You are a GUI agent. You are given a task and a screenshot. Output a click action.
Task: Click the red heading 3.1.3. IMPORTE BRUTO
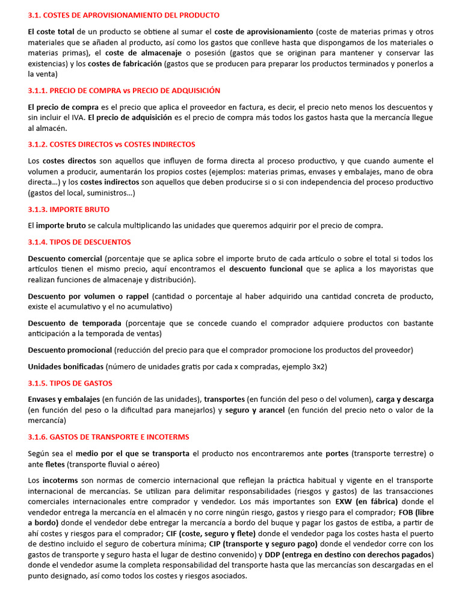69,210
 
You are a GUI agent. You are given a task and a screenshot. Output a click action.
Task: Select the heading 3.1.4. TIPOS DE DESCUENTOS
79,242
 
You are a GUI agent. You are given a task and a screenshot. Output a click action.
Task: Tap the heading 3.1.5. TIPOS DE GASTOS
70,383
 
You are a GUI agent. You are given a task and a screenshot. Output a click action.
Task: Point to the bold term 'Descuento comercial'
65,258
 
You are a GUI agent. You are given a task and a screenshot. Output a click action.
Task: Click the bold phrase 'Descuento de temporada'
75,323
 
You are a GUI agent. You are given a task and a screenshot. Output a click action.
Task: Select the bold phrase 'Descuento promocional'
70,350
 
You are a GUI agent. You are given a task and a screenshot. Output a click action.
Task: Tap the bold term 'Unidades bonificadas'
66,366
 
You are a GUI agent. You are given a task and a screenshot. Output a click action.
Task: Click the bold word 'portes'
337,453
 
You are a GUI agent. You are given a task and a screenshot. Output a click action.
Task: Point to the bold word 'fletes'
55,464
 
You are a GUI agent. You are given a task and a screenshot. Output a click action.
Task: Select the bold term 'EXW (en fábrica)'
366,501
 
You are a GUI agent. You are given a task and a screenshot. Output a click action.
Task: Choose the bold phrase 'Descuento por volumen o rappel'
88,297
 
